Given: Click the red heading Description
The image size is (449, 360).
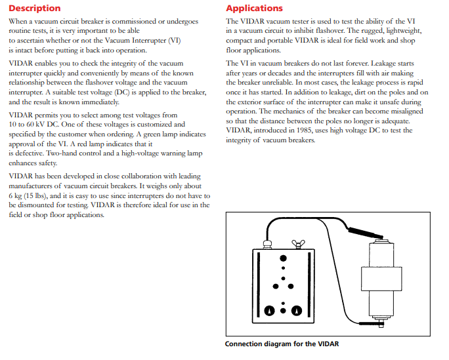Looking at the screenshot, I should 34,9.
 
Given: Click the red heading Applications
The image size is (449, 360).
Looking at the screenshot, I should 254,9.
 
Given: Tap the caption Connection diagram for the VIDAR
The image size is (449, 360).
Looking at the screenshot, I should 282,344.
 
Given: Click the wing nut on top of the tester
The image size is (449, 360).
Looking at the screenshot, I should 298,245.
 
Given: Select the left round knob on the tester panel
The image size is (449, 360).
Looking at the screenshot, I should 270,309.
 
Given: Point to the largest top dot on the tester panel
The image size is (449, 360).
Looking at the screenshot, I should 283,257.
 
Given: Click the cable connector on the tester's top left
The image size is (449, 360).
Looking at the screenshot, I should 267,243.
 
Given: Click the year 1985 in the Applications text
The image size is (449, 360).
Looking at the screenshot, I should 304,130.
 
